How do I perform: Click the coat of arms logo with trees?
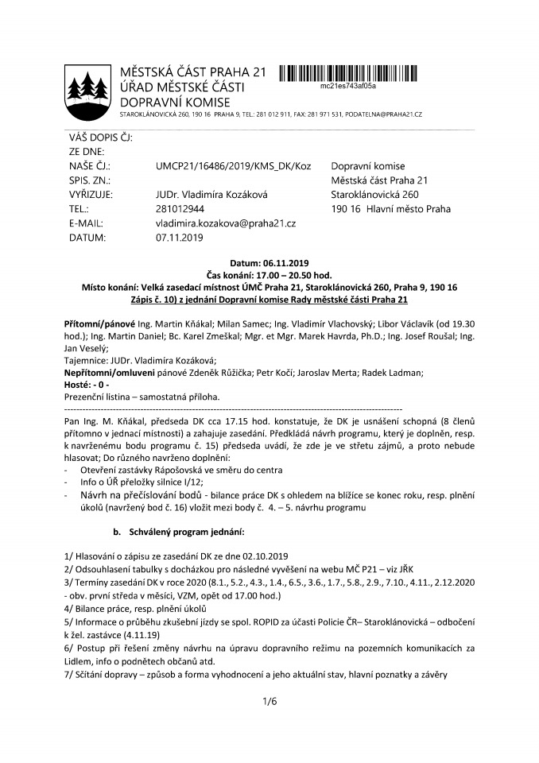(x=85, y=85)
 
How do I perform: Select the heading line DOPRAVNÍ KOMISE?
(x=174, y=102)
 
